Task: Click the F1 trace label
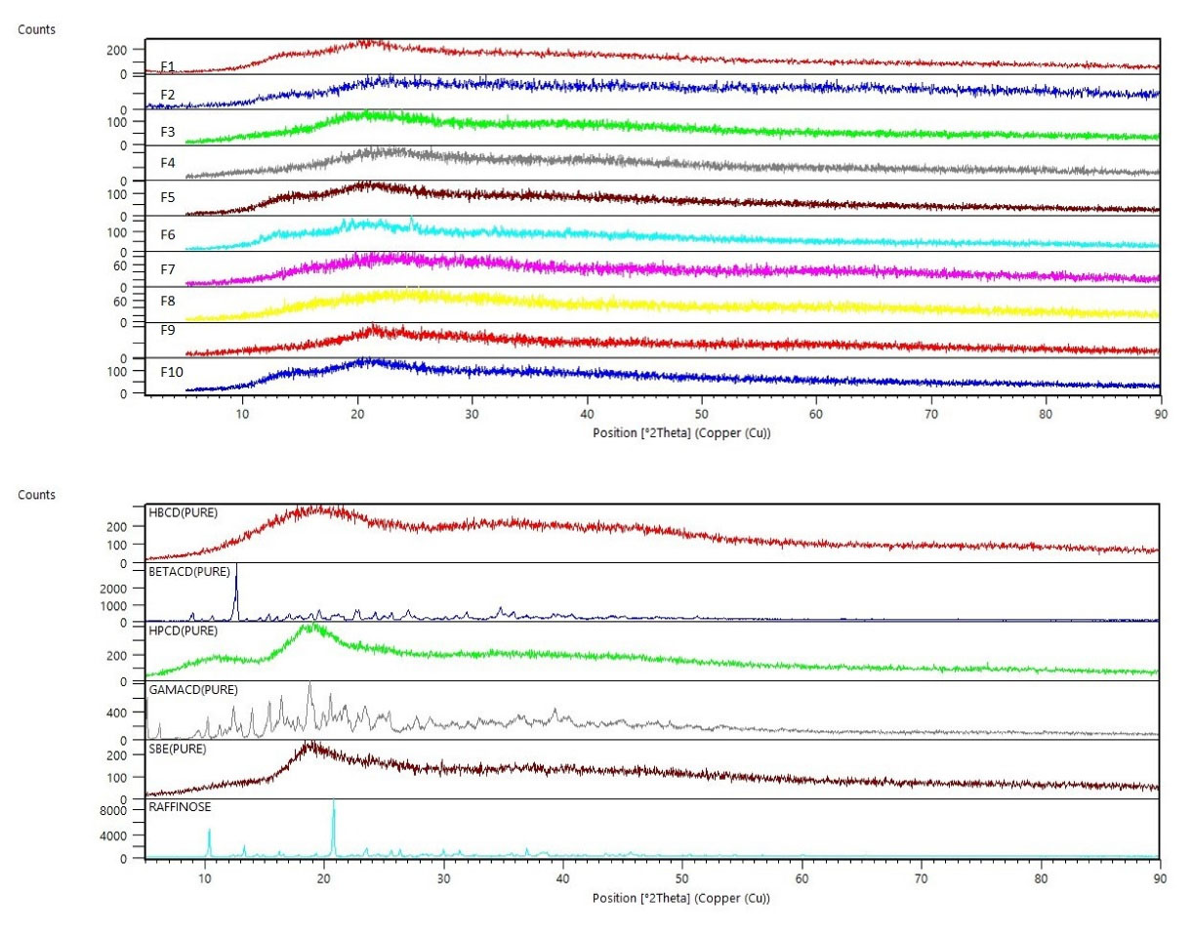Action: (x=168, y=66)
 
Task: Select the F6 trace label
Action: (x=168, y=235)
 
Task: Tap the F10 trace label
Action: (x=172, y=372)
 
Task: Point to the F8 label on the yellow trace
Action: (x=168, y=302)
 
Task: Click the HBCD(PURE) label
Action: (x=183, y=511)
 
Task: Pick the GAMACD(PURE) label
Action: (x=193, y=689)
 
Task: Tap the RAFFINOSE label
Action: (x=181, y=807)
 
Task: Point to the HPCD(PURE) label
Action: (x=183, y=631)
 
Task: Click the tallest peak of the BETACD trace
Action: (x=236, y=566)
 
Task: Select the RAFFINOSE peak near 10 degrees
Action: (x=209, y=831)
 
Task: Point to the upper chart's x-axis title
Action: (x=680, y=433)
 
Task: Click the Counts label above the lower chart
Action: (x=37, y=495)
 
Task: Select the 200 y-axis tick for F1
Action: (x=120, y=50)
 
